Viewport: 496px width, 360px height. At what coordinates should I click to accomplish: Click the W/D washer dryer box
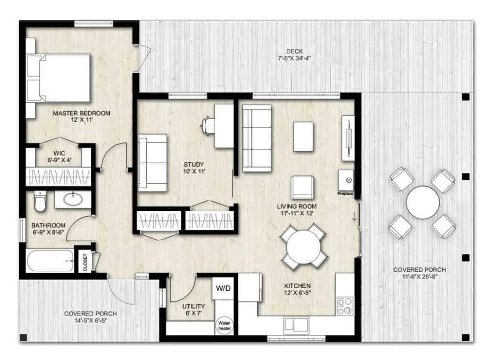click(x=223, y=288)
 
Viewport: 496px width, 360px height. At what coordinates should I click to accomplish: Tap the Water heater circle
click(x=224, y=326)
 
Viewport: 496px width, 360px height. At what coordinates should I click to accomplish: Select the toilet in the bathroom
click(x=40, y=201)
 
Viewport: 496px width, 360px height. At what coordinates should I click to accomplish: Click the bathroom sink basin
click(x=73, y=199)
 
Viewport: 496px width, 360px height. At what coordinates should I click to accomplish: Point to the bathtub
click(x=50, y=261)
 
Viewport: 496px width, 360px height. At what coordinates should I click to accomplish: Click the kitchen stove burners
click(x=345, y=306)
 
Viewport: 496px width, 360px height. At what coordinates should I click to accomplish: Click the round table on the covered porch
click(x=422, y=203)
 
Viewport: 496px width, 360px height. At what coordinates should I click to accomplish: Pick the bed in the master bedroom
click(x=59, y=78)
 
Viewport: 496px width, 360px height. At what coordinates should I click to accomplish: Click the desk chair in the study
click(x=207, y=126)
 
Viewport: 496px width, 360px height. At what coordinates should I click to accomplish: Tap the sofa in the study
click(x=153, y=163)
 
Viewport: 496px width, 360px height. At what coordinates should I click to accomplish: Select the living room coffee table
click(x=303, y=137)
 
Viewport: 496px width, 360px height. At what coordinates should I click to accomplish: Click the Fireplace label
click(x=345, y=193)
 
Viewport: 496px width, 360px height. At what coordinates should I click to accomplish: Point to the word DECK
click(x=294, y=51)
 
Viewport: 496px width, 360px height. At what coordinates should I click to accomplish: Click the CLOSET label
click(x=85, y=262)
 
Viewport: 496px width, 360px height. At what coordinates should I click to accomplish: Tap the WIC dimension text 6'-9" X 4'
click(x=60, y=160)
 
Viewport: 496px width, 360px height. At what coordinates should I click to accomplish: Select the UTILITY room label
click(x=193, y=306)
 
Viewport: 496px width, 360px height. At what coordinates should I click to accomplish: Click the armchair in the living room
click(x=302, y=188)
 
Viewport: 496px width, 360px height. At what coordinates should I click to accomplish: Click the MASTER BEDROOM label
click(x=81, y=113)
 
